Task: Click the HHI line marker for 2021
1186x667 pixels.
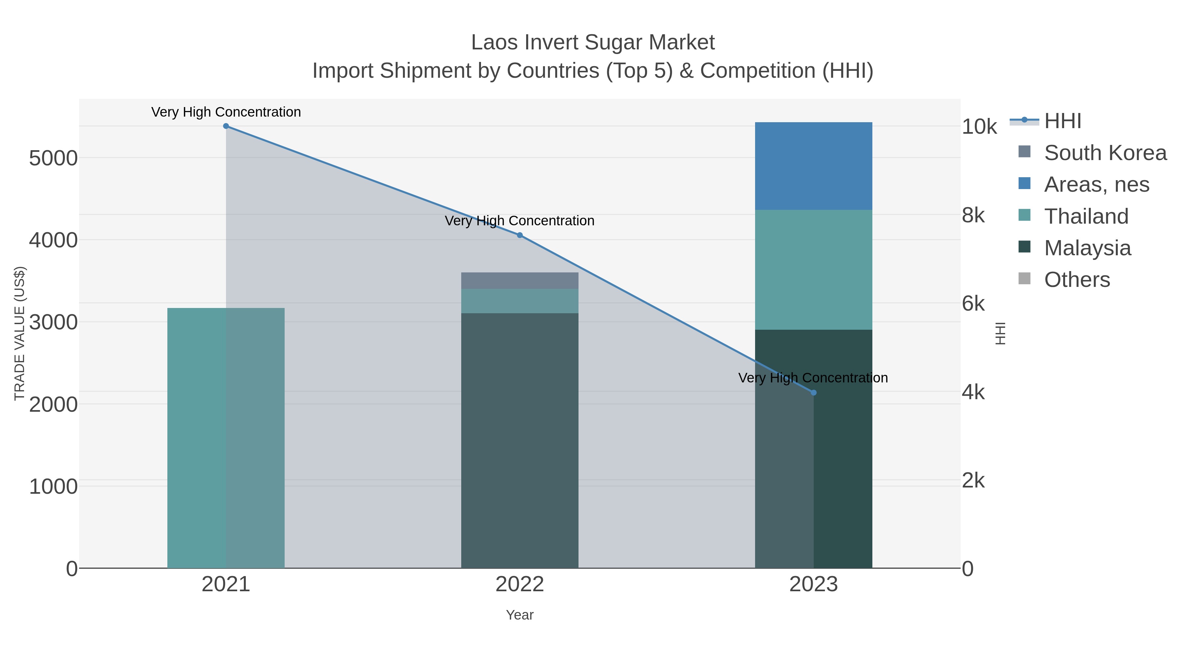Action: tap(226, 126)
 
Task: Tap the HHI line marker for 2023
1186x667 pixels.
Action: tap(813, 393)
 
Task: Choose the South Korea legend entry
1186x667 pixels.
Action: tap(1105, 153)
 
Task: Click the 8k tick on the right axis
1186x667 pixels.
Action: tap(973, 215)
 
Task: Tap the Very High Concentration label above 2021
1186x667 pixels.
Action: tap(226, 112)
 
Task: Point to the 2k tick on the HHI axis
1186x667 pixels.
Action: tap(973, 481)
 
